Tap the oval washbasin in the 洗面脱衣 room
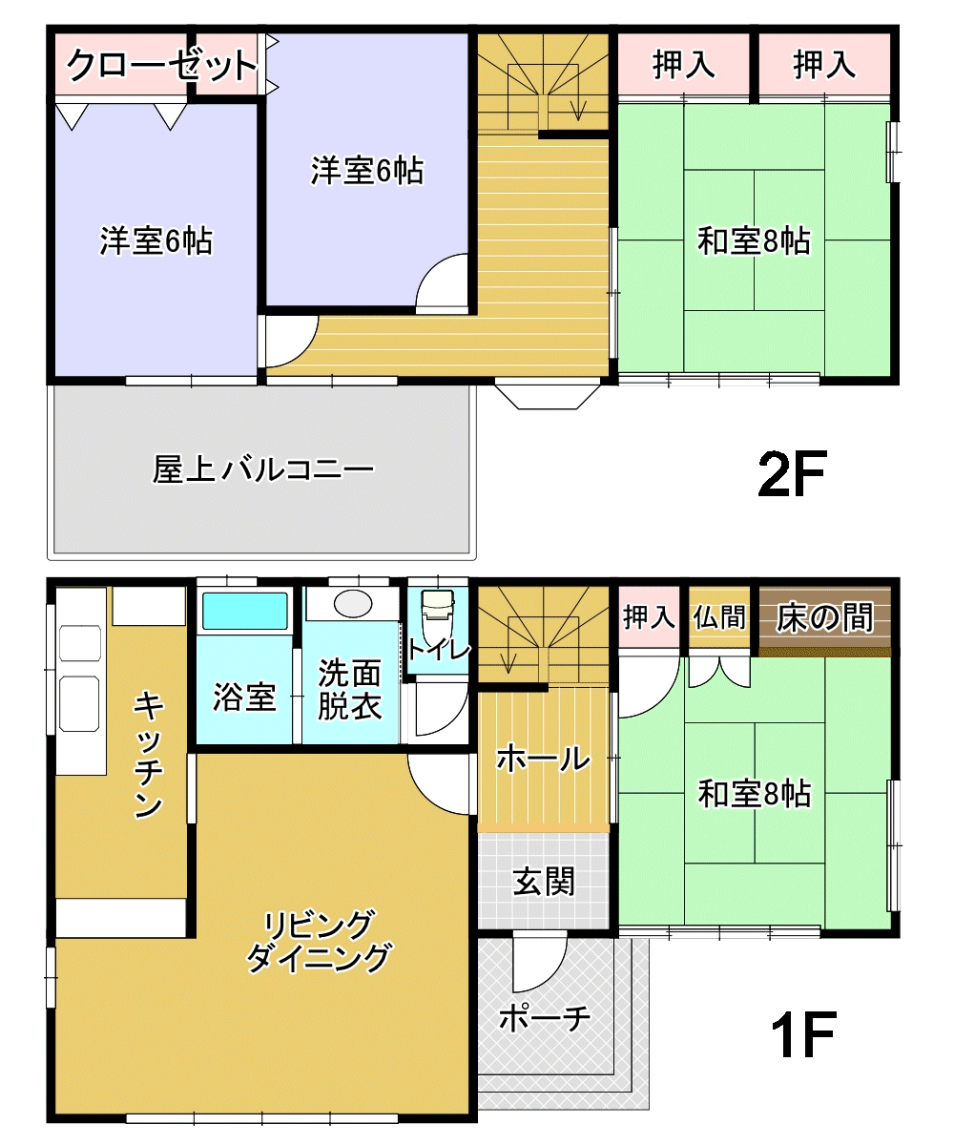[353, 604]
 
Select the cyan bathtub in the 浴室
[245, 611]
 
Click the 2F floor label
[791, 475]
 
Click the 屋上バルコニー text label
[263, 469]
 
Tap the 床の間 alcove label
[824, 617]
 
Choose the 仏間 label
[718, 617]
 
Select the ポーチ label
[545, 1018]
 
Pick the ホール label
[544, 759]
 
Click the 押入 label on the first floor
[649, 617]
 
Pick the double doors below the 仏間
[718, 672]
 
